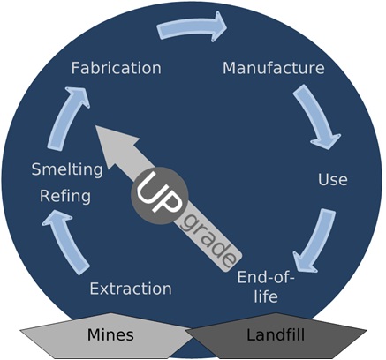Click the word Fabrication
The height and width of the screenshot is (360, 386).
117,68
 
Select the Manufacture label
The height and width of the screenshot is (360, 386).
274,68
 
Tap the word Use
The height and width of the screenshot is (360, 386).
333,179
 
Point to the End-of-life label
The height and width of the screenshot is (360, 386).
266,287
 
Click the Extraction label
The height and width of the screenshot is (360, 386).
131,289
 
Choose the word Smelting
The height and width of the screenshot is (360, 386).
67,169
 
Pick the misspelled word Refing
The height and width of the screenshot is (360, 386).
65,197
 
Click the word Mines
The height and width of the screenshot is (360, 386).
110,334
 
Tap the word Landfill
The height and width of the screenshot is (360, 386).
276,334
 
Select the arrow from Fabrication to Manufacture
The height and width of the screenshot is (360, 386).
192,26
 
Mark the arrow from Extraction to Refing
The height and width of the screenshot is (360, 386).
64,243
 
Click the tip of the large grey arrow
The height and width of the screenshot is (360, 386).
95,126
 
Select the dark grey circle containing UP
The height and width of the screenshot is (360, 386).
159,196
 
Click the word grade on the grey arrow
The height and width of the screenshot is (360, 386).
208,240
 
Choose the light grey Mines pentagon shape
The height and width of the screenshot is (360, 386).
106,335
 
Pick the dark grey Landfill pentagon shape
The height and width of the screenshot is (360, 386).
276,335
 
